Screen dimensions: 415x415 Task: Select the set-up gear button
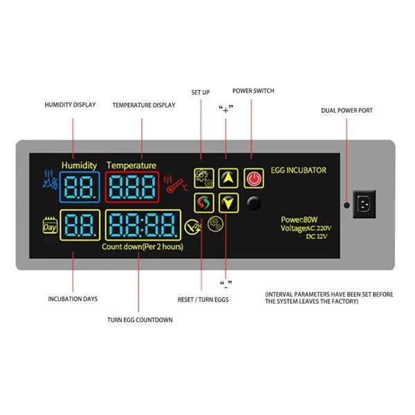coord(203,178)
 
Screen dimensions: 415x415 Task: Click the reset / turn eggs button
coord(203,203)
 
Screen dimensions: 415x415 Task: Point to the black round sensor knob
coord(255,203)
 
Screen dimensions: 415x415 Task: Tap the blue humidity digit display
coord(80,185)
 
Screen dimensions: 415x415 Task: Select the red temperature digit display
coord(131,185)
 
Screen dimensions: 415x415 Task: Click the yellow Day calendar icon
coord(50,225)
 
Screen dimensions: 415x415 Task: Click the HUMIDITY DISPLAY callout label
coord(70,104)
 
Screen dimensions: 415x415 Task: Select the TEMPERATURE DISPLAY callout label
coord(143,104)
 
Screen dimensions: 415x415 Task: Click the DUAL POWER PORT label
coord(347,110)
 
